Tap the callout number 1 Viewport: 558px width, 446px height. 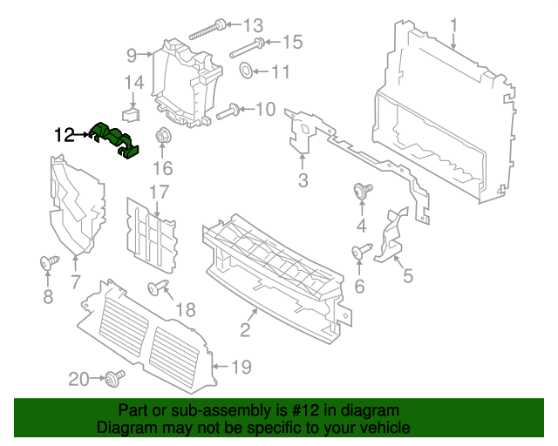tap(453, 23)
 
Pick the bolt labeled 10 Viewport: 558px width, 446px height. tap(228, 111)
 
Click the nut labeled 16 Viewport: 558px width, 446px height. tap(161, 136)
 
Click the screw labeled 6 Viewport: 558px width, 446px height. tap(358, 252)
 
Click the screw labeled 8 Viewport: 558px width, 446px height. tap(49, 261)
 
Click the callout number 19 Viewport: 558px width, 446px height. tap(241, 368)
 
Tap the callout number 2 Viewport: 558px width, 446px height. tap(245, 329)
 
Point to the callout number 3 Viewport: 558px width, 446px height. tap(303, 181)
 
